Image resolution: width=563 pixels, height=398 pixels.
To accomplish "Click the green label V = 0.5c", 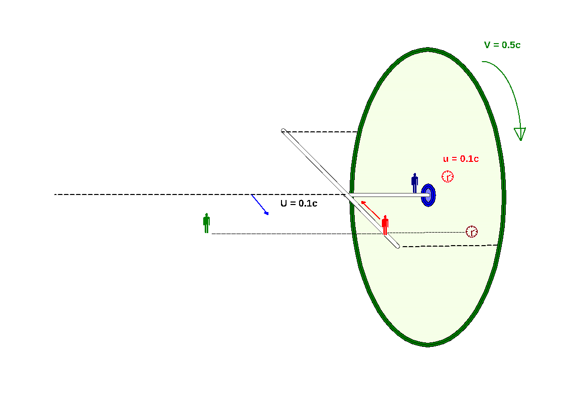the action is (x=502, y=45).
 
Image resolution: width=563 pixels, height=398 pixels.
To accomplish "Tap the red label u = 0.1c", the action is (x=461, y=159).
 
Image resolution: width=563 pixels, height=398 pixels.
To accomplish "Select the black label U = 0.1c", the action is (x=299, y=204).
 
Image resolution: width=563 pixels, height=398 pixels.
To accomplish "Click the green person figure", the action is (x=206, y=223).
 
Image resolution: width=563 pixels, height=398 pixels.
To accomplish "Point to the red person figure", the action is (x=385, y=225).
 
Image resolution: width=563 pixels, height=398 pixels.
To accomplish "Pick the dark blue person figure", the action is (x=414, y=183).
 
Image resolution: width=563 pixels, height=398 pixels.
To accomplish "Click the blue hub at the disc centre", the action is (x=428, y=195).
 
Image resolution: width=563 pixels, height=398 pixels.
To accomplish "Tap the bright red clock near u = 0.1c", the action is (x=448, y=176).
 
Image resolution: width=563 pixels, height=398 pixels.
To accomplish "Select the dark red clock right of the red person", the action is (x=472, y=232).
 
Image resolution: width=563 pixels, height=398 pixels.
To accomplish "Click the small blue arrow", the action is (x=260, y=205).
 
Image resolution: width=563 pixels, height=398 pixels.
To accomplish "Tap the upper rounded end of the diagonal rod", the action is (x=284, y=131).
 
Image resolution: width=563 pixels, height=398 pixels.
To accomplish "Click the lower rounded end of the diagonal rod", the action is (x=397, y=246).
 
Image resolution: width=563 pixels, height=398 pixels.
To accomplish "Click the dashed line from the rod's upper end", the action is (x=321, y=131).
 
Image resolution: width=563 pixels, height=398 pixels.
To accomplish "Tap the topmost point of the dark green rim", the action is (x=428, y=50).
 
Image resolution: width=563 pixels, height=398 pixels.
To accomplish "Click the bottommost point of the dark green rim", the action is (x=428, y=344).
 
